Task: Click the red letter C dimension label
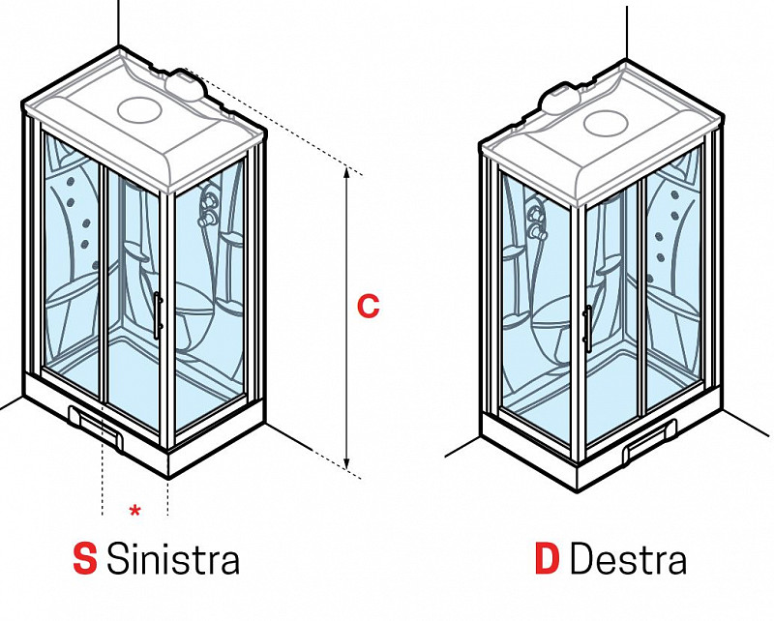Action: point(368,307)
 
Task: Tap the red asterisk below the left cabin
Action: point(134,509)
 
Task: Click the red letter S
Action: point(85,559)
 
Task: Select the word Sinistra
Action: point(172,559)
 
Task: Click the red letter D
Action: point(548,559)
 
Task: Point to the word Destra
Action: point(628,559)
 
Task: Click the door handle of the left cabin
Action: point(158,314)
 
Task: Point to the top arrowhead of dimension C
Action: point(346,170)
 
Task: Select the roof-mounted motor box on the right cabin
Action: point(561,98)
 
